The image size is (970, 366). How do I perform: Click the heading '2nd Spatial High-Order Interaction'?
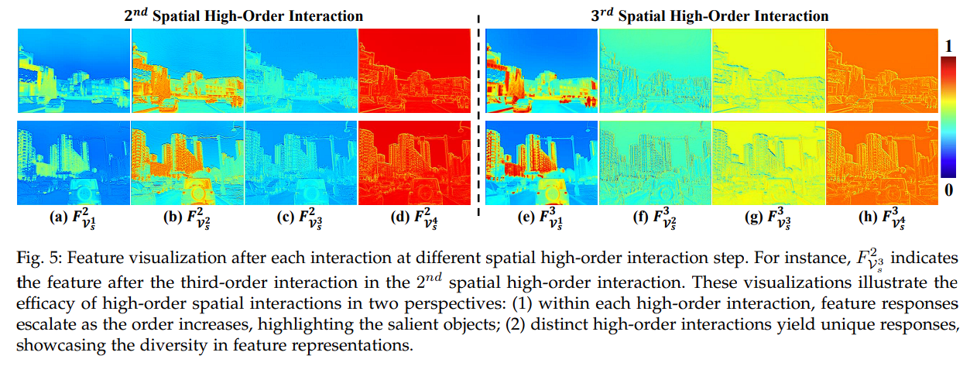tap(244, 15)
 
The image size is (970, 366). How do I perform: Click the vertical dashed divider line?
tap(480, 116)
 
